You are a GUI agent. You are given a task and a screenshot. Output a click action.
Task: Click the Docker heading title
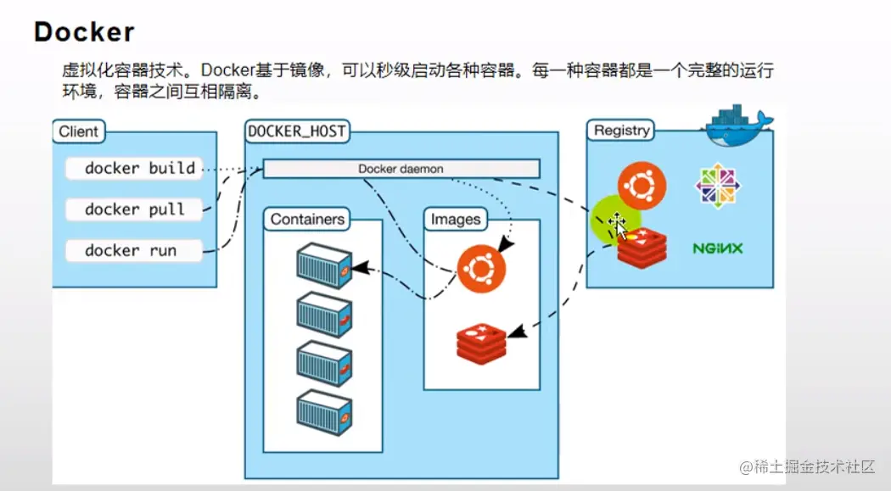[84, 32]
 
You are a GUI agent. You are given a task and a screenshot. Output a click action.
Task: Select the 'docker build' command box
[135, 168]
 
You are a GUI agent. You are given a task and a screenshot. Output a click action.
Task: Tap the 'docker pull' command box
[135, 209]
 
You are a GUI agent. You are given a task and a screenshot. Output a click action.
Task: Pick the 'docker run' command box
[132, 250]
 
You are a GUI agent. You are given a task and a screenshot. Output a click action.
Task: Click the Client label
[78, 131]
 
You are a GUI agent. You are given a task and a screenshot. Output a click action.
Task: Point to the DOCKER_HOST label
[296, 131]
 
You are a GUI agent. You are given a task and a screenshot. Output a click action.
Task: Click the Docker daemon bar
[401, 169]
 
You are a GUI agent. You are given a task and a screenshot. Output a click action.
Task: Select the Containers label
[307, 219]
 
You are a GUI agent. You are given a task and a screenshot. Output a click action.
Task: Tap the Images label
[456, 220]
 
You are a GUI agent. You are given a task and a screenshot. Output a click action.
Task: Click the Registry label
[622, 131]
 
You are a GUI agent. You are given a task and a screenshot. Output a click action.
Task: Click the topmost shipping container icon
[324, 262]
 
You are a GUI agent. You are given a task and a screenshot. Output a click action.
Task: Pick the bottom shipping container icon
[324, 412]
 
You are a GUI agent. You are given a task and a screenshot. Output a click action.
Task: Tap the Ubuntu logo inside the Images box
[481, 269]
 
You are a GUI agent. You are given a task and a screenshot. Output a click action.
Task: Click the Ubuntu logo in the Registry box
[642, 184]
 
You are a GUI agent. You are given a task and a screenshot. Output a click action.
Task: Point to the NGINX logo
[717, 248]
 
